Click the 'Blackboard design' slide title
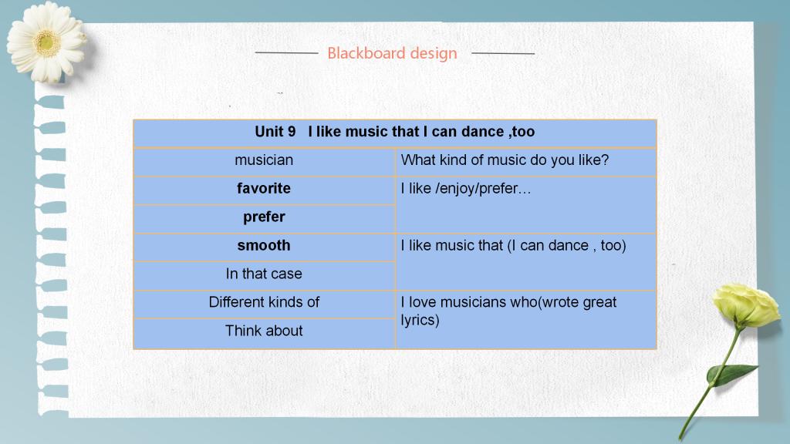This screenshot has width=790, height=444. click(x=392, y=53)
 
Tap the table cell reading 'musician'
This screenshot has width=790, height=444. click(x=264, y=160)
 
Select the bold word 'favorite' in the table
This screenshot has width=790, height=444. click(x=264, y=188)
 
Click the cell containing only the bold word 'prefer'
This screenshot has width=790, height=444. click(x=264, y=217)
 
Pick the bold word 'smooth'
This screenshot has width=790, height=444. click(x=264, y=245)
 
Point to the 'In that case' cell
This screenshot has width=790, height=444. click(x=264, y=274)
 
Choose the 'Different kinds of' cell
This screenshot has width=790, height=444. click(x=264, y=302)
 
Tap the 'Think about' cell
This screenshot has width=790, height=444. click(x=264, y=331)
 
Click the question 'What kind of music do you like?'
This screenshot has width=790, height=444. click(x=505, y=160)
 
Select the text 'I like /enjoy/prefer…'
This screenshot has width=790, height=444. click(x=466, y=188)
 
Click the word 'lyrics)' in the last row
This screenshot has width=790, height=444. click(x=420, y=320)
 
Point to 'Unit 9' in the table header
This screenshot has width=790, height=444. click(x=275, y=131)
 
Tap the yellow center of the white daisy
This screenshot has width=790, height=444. click(x=47, y=43)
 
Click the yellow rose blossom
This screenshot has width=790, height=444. click(x=746, y=305)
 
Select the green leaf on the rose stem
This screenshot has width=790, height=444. click(x=731, y=375)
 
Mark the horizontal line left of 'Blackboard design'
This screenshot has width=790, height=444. click(x=287, y=52)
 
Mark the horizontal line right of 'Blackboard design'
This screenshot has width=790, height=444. click(x=503, y=53)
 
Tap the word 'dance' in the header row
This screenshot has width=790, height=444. click(x=483, y=131)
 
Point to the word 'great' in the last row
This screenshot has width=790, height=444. click(x=599, y=302)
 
